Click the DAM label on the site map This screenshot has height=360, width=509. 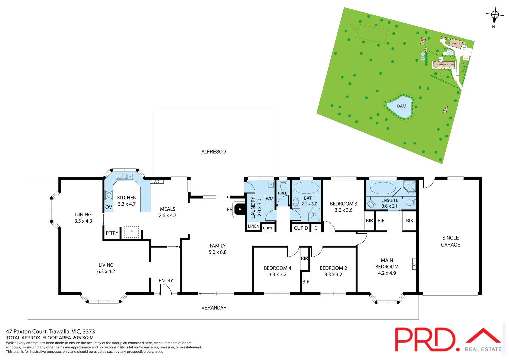pos(401,106)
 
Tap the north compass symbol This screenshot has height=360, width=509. pos(495,15)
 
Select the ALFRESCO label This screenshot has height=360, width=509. pos(213,152)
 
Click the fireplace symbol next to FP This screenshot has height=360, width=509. pos(239,210)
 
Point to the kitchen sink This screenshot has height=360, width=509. pos(124,176)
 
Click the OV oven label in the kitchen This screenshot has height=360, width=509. pos(109,207)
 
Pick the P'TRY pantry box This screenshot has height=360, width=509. pos(112,233)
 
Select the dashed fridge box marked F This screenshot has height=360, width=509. pos(131,232)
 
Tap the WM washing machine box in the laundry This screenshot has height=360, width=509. pos(269,199)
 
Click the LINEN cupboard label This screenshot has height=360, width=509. pos(253,226)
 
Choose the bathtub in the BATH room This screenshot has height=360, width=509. pos(306,188)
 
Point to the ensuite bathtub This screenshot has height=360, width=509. pos(383,188)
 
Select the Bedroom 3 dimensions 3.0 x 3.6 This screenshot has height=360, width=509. pos(343,210)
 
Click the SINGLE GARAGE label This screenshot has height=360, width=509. pos(450,241)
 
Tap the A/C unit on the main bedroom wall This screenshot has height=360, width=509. pos(414,264)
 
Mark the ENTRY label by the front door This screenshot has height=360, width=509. pos(166,281)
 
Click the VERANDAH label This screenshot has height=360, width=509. pos(214,308)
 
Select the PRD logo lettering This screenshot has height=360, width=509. pos(425,340)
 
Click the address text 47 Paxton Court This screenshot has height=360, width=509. pos(27,331)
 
